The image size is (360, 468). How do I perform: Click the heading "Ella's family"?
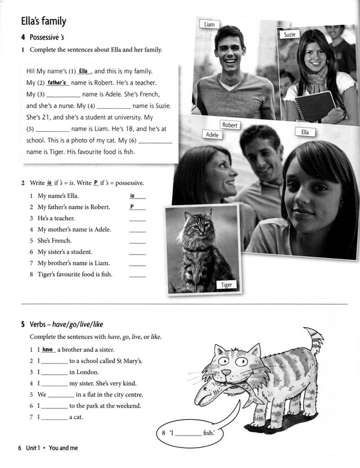tap(43, 21)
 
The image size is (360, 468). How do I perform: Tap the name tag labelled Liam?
tap(209, 24)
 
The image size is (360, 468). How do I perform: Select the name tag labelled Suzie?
tap(289, 34)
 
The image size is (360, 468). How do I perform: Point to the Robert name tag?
tap(230, 125)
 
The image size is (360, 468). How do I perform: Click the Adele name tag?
tap(212, 135)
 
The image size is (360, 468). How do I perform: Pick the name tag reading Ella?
tap(305, 132)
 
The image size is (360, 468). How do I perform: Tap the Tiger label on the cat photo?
tap(226, 285)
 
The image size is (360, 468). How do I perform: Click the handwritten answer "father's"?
tap(57, 82)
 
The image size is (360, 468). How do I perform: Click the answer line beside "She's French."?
tap(137, 243)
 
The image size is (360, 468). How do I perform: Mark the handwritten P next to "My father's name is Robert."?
tap(132, 206)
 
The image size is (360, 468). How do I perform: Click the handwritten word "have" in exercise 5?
tap(48, 349)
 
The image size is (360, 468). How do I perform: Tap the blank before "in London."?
tap(55, 375)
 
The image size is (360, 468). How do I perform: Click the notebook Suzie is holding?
tap(315, 106)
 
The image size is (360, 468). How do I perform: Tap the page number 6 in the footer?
tap(20, 448)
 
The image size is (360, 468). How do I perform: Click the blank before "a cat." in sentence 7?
tap(55, 420)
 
